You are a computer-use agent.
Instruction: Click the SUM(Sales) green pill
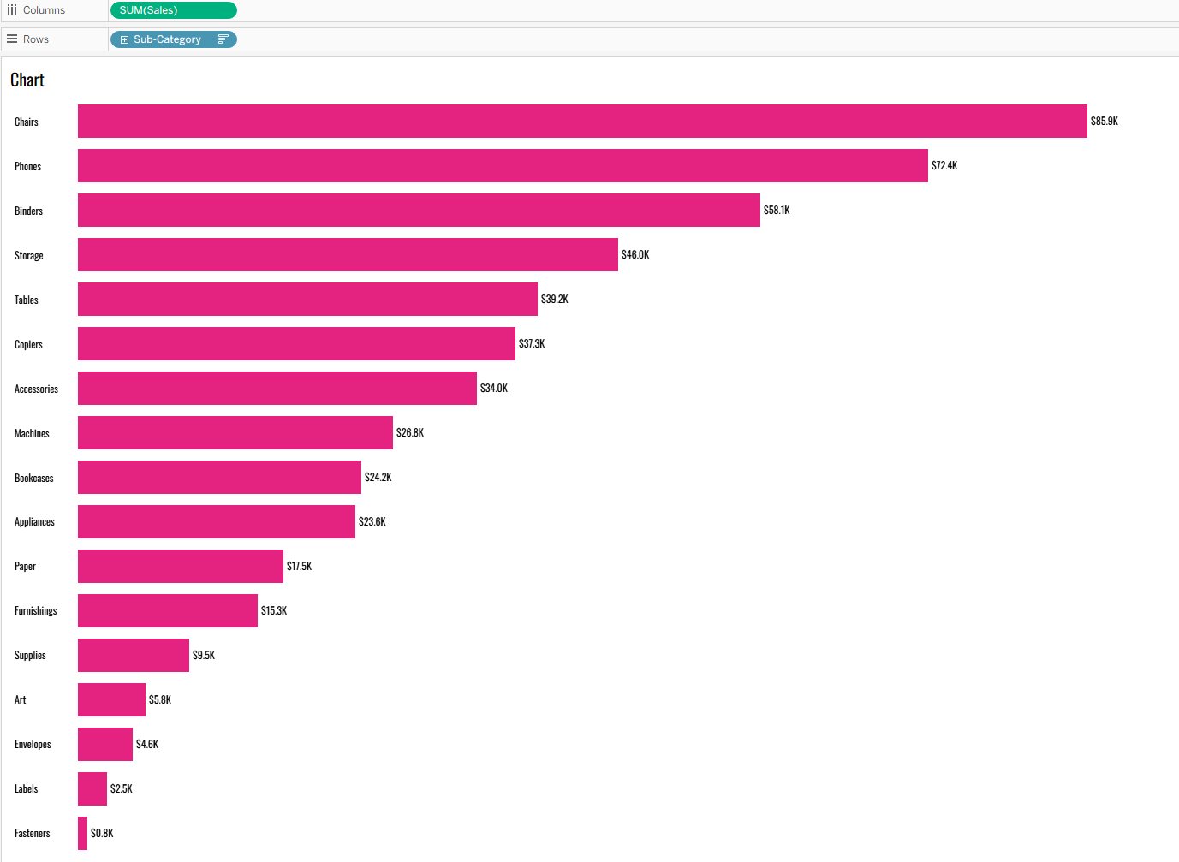click(x=173, y=10)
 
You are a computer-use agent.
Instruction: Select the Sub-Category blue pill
click(x=168, y=39)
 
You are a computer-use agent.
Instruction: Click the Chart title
click(x=27, y=80)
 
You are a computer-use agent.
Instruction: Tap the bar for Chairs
click(x=582, y=122)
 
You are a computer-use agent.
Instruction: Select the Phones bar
click(x=503, y=166)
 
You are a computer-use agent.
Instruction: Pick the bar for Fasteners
click(x=82, y=834)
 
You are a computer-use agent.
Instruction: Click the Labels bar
click(x=92, y=789)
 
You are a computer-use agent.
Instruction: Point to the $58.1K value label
click(x=777, y=211)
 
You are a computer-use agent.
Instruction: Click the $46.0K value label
click(x=635, y=255)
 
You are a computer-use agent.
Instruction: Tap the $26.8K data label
click(x=410, y=433)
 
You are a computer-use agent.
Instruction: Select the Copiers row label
click(x=28, y=345)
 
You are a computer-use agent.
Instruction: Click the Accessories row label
click(x=36, y=389)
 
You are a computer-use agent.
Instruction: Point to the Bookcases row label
click(x=34, y=479)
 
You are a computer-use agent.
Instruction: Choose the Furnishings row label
click(x=36, y=611)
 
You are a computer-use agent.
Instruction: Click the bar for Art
click(x=111, y=700)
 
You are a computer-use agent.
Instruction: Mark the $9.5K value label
click(x=204, y=656)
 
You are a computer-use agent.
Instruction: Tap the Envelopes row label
click(x=33, y=745)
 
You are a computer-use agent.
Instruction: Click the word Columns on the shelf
click(x=44, y=10)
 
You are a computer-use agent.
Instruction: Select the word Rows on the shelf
click(x=36, y=39)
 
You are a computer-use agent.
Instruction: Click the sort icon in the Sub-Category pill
click(x=223, y=39)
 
